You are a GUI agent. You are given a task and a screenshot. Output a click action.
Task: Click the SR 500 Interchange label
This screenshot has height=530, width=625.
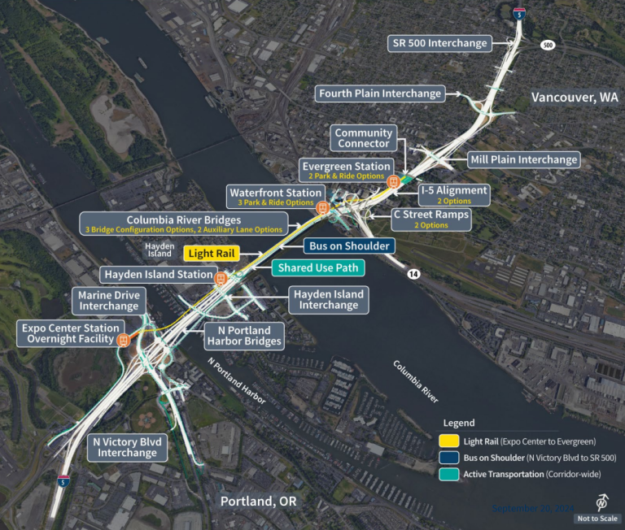click(x=439, y=43)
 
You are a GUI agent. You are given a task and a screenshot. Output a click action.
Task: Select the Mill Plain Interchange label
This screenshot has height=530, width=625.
click(x=523, y=159)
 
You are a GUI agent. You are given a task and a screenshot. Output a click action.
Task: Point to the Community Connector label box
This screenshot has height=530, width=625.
click(x=364, y=138)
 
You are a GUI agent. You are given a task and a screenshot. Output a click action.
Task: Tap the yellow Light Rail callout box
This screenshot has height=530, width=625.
click(x=212, y=254)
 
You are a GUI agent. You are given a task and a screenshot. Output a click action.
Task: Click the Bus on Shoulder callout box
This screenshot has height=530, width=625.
click(x=349, y=245)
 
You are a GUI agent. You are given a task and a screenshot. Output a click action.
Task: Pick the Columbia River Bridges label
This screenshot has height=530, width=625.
click(x=184, y=224)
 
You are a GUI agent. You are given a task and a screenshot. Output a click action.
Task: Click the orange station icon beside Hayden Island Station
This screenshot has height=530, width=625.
click(x=220, y=277)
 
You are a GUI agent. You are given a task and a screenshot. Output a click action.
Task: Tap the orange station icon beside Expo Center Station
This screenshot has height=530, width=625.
click(x=124, y=340)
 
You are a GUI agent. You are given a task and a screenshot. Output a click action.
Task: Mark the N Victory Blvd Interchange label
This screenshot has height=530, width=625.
click(x=126, y=447)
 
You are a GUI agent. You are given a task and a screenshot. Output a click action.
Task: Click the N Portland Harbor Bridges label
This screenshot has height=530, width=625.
click(x=243, y=335)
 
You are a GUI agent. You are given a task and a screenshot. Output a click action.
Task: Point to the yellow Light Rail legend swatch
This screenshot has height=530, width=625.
click(x=451, y=441)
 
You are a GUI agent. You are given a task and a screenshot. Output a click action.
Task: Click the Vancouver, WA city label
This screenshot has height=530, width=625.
click(x=575, y=98)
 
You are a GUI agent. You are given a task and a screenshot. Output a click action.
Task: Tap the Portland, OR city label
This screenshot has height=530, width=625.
click(x=258, y=502)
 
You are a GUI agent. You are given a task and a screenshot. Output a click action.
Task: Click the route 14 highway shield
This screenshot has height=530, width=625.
click(x=413, y=276)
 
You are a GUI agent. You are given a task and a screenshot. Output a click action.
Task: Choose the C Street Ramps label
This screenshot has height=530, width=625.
click(x=420, y=219)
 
